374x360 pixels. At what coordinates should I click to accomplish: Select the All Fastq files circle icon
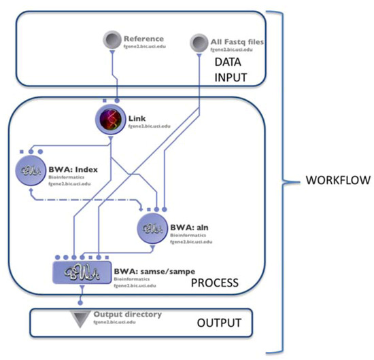(x=199, y=43)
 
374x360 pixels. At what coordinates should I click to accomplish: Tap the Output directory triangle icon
(x=82, y=318)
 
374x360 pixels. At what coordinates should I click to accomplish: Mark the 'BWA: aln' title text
(x=187, y=221)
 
